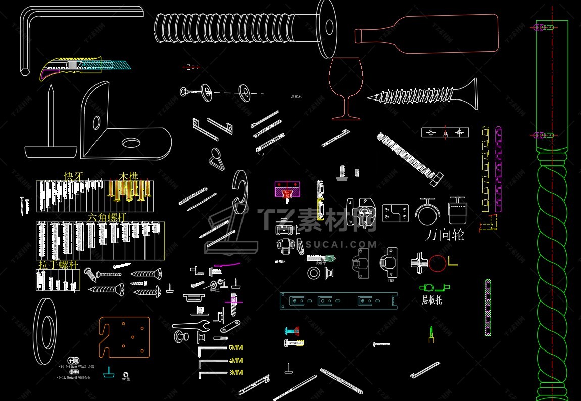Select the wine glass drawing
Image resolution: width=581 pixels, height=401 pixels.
point(346,88)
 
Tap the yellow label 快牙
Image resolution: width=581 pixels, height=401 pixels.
point(73,176)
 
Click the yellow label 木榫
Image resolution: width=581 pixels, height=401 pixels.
point(128,176)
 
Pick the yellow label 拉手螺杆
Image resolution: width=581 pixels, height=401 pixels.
point(58,264)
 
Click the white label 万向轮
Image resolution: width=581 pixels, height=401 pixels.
point(445,235)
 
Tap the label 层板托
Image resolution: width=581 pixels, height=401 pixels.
point(432,300)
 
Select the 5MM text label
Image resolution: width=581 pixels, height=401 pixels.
point(236,348)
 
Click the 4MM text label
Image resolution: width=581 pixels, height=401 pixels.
point(236,360)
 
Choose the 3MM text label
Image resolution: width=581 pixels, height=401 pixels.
point(236,372)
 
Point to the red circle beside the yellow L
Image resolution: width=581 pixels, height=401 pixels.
point(438,262)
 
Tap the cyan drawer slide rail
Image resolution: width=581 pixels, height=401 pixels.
point(338,301)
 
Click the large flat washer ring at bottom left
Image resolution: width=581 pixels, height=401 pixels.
point(44,331)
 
